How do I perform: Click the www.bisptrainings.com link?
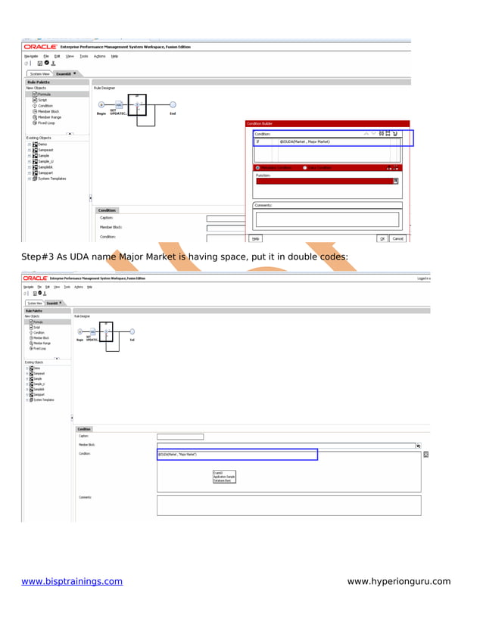click(x=72, y=581)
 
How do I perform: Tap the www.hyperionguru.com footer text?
click(x=398, y=581)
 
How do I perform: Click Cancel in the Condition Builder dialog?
click(x=397, y=238)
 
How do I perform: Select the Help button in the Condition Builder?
click(x=256, y=238)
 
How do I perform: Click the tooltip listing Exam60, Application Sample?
click(x=225, y=476)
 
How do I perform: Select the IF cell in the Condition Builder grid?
click(x=257, y=141)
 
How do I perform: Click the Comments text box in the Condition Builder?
click(x=327, y=219)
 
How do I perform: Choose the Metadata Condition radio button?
click(x=258, y=168)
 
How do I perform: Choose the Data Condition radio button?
click(x=305, y=168)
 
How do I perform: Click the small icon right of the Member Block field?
click(x=419, y=446)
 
